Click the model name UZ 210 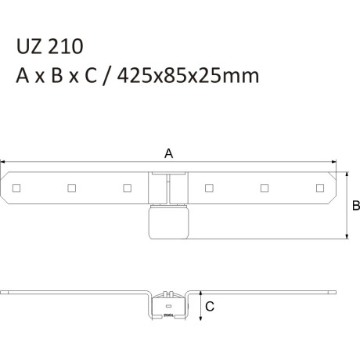(50, 46)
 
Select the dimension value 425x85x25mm (188, 76)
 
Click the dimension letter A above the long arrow (169, 153)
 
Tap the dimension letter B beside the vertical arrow (356, 206)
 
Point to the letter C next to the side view (210, 307)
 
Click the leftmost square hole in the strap (16, 188)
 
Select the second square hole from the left (72, 188)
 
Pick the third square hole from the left (128, 188)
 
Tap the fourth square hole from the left (209, 188)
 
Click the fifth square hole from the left (265, 188)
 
